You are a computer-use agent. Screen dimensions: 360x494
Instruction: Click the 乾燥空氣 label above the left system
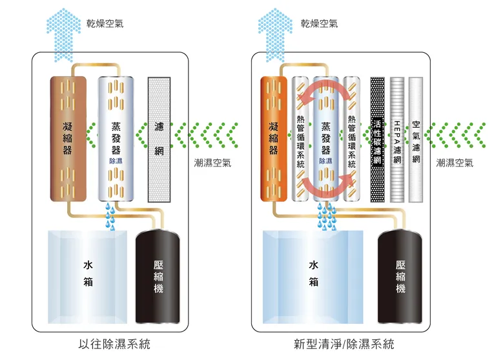105,24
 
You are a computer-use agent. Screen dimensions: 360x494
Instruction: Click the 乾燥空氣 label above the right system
319,24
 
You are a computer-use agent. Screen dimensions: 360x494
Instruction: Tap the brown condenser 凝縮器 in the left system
68,139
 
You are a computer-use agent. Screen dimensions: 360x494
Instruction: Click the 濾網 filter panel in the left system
159,139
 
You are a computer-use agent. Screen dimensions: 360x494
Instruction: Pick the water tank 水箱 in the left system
88,275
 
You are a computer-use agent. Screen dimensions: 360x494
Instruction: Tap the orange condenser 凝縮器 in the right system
274,139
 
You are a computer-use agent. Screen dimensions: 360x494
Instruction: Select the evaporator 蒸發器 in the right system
325,139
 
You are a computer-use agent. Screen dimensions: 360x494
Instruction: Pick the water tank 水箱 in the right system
313,275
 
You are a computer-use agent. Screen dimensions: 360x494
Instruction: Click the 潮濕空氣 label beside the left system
212,163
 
